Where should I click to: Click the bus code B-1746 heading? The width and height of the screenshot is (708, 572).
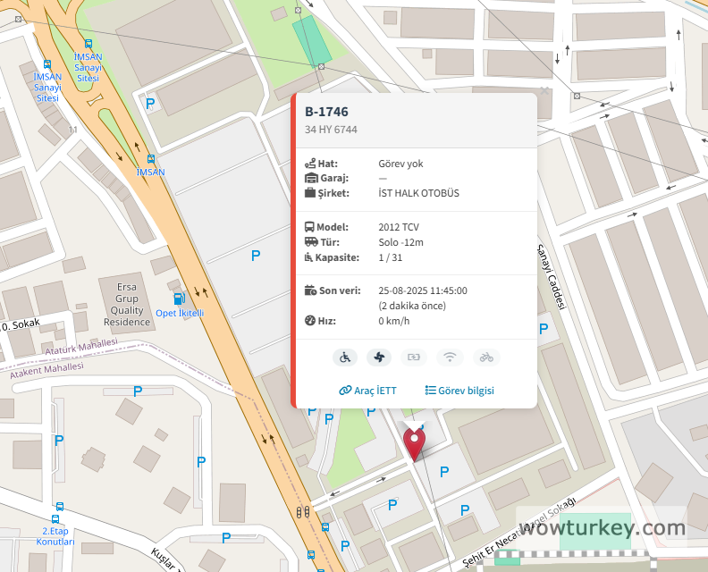click(x=326, y=112)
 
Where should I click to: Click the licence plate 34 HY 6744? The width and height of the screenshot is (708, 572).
click(x=331, y=130)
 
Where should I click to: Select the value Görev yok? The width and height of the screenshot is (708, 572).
click(x=400, y=164)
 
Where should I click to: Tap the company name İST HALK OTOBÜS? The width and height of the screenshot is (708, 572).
click(x=418, y=192)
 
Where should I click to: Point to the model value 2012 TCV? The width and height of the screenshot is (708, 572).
click(x=400, y=227)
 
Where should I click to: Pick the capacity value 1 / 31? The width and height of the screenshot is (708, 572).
click(x=391, y=257)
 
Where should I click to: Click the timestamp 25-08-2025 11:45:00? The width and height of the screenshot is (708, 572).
click(x=423, y=290)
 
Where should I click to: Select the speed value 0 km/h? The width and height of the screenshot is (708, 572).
click(x=393, y=321)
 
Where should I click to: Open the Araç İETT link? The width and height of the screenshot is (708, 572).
click(x=367, y=391)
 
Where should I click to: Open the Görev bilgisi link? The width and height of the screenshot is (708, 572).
click(x=459, y=391)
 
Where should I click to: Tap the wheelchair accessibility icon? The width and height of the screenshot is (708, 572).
click(x=345, y=357)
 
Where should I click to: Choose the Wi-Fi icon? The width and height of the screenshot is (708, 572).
click(x=451, y=357)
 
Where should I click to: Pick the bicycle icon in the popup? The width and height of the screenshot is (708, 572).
click(x=486, y=357)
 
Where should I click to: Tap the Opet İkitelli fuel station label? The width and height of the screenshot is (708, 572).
click(x=180, y=313)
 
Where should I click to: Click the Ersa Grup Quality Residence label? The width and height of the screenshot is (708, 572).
click(x=126, y=304)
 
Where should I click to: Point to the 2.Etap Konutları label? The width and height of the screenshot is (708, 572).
click(x=55, y=537)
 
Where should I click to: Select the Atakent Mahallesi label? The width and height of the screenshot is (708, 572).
click(x=46, y=371)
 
